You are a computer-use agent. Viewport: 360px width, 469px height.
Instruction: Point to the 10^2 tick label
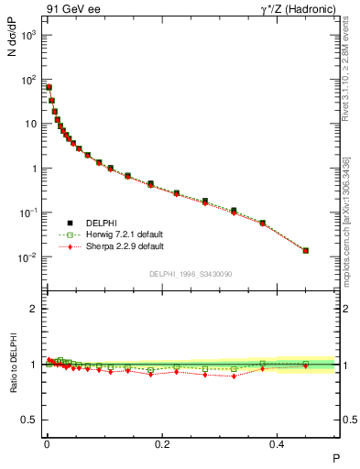27,80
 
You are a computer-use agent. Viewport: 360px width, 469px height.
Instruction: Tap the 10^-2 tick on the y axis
27,257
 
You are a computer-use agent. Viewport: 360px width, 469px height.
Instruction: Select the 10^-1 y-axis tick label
27,213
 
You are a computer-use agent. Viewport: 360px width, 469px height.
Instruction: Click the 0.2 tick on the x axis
163,442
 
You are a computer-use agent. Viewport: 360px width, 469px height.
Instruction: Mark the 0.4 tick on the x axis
279,442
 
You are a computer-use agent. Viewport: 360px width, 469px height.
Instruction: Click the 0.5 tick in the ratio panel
32,420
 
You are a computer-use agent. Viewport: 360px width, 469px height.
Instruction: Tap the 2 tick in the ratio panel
36,309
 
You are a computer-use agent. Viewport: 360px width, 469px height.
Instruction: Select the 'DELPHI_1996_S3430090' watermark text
191,274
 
